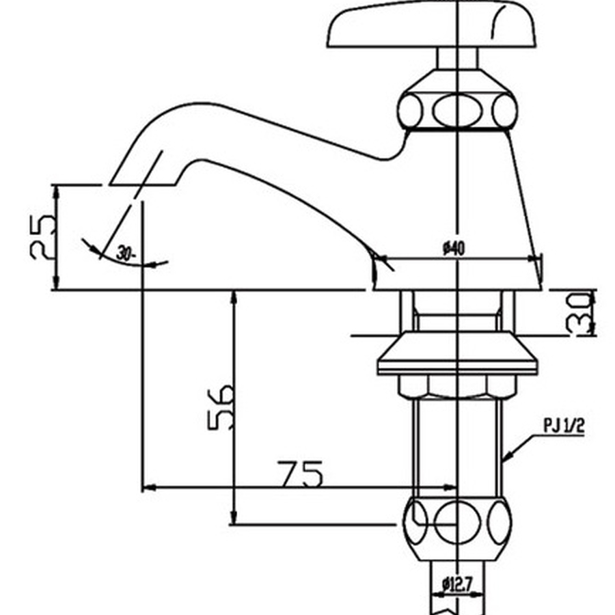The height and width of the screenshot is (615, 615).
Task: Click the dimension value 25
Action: (x=42, y=236)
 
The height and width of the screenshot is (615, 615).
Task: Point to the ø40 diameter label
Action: (x=454, y=249)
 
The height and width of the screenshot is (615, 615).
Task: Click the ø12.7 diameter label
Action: (x=457, y=584)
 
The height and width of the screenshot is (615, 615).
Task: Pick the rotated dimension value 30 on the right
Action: (x=579, y=313)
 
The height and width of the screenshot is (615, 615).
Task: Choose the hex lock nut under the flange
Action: (x=456, y=387)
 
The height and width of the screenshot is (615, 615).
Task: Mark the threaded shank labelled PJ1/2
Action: (x=456, y=444)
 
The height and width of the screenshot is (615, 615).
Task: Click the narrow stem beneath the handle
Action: (x=456, y=58)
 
